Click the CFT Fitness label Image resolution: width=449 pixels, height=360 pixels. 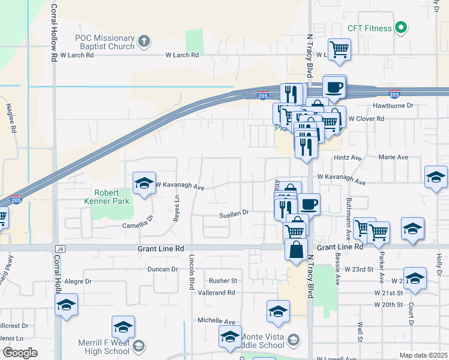click(x=369, y=28)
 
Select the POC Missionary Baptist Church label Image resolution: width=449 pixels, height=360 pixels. click(x=104, y=41)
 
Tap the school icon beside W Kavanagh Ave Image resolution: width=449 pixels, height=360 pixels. click(x=144, y=183)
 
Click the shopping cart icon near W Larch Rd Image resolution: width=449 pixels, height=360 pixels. click(x=340, y=49)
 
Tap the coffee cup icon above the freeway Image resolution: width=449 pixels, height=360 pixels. click(x=335, y=86)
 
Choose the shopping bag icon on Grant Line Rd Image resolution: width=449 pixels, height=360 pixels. click(x=297, y=250)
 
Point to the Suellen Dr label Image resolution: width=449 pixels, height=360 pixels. click(x=234, y=214)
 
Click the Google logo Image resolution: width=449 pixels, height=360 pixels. click(x=20, y=353)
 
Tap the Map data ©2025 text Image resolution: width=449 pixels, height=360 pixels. click(x=423, y=355)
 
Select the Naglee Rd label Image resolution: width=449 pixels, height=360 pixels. click(x=10, y=119)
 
